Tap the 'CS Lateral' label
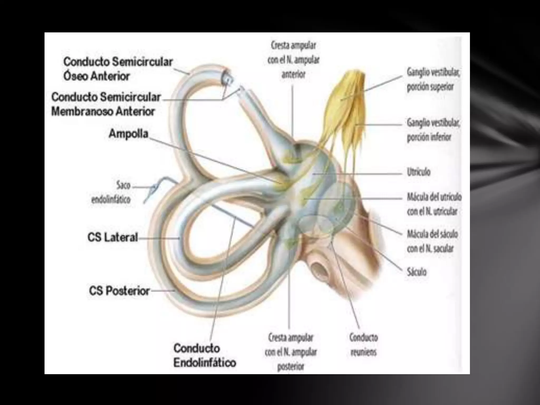[x=113, y=238]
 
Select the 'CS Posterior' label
[x=119, y=291]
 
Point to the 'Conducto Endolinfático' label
[x=205, y=355]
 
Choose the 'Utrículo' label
[x=418, y=172]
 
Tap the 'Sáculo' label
[x=416, y=272]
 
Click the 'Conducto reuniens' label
[x=363, y=345]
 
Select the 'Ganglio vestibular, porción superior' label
[x=433, y=79]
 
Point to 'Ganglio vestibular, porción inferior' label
[x=433, y=130]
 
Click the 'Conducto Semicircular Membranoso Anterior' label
[x=106, y=104]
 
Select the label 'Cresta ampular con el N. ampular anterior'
[x=293, y=60]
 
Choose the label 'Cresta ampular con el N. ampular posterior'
[x=291, y=352]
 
